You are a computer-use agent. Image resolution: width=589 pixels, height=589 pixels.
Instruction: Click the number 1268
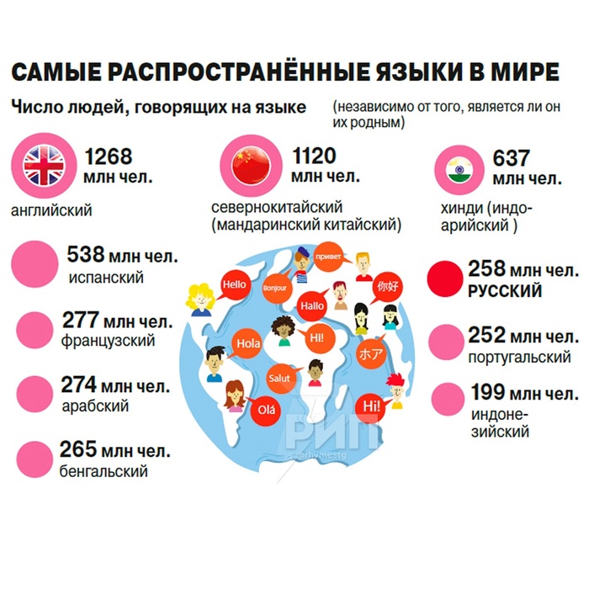coord(109,157)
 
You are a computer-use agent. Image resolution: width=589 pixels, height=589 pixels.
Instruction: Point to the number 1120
coord(314,157)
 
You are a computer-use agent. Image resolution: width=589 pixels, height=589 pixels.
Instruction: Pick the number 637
coord(512,157)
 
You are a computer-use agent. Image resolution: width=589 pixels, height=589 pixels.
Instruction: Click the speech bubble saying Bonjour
coord(275,289)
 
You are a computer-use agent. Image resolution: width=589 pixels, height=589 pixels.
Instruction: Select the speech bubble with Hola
coord(248,343)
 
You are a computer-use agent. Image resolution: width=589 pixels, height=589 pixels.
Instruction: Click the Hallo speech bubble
coord(312,306)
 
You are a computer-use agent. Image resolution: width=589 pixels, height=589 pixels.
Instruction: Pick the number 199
coord(487,392)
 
